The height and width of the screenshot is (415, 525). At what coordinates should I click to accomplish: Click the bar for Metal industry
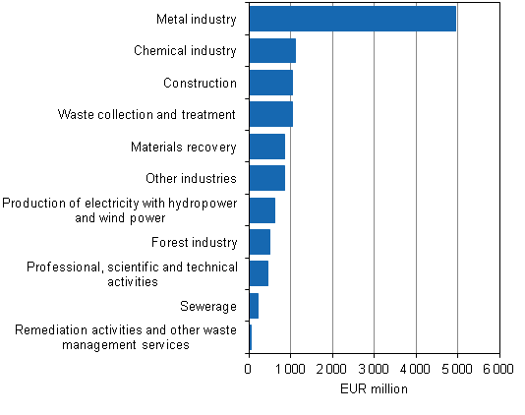[352, 19]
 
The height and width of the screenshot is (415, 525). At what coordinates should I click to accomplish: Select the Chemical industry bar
[272, 51]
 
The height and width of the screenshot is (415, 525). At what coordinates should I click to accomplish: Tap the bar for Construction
[270, 83]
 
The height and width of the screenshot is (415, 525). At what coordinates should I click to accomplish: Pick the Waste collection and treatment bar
[270, 114]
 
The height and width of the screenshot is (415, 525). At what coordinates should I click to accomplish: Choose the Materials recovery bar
[266, 147]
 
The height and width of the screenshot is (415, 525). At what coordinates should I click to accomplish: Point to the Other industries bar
[266, 178]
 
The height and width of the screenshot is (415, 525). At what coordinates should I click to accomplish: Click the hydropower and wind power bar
[262, 210]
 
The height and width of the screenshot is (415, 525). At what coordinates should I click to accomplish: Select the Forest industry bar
[260, 242]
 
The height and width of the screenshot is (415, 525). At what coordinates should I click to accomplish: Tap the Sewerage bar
[254, 306]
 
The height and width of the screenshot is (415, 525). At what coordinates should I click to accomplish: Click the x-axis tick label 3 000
[375, 369]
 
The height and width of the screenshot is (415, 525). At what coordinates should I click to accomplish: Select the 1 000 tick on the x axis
[291, 369]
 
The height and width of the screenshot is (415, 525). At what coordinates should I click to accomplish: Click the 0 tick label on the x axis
[249, 369]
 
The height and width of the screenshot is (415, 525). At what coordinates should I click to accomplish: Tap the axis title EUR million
[374, 389]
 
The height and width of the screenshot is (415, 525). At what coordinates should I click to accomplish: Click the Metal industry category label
[197, 19]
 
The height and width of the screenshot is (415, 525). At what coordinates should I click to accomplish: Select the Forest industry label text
[194, 242]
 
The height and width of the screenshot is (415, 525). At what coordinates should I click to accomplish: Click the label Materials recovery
[184, 147]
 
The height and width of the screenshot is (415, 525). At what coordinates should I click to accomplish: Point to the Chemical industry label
[185, 51]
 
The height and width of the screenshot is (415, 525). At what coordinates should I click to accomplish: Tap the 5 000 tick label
[458, 369]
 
